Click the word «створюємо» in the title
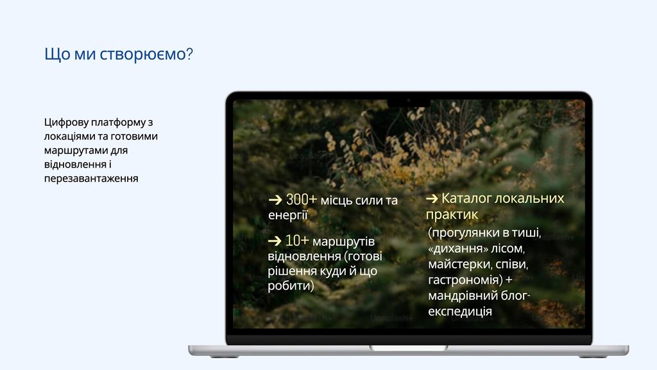[x=143, y=55]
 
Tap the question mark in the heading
[x=189, y=54]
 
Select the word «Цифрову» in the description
[x=66, y=123]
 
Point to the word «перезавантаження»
[x=91, y=179]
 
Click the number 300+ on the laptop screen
[x=302, y=200]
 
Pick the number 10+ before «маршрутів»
[x=296, y=241]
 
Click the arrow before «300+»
[x=275, y=200]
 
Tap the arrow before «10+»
[x=275, y=242]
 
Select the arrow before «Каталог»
[x=432, y=198]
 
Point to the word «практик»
[x=452, y=215]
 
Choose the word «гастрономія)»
[x=465, y=280]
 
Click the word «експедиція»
[x=459, y=312]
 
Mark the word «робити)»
[x=291, y=286]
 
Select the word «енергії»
[x=288, y=215]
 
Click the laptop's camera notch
[x=409, y=102]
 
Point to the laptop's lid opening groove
[x=409, y=348]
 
